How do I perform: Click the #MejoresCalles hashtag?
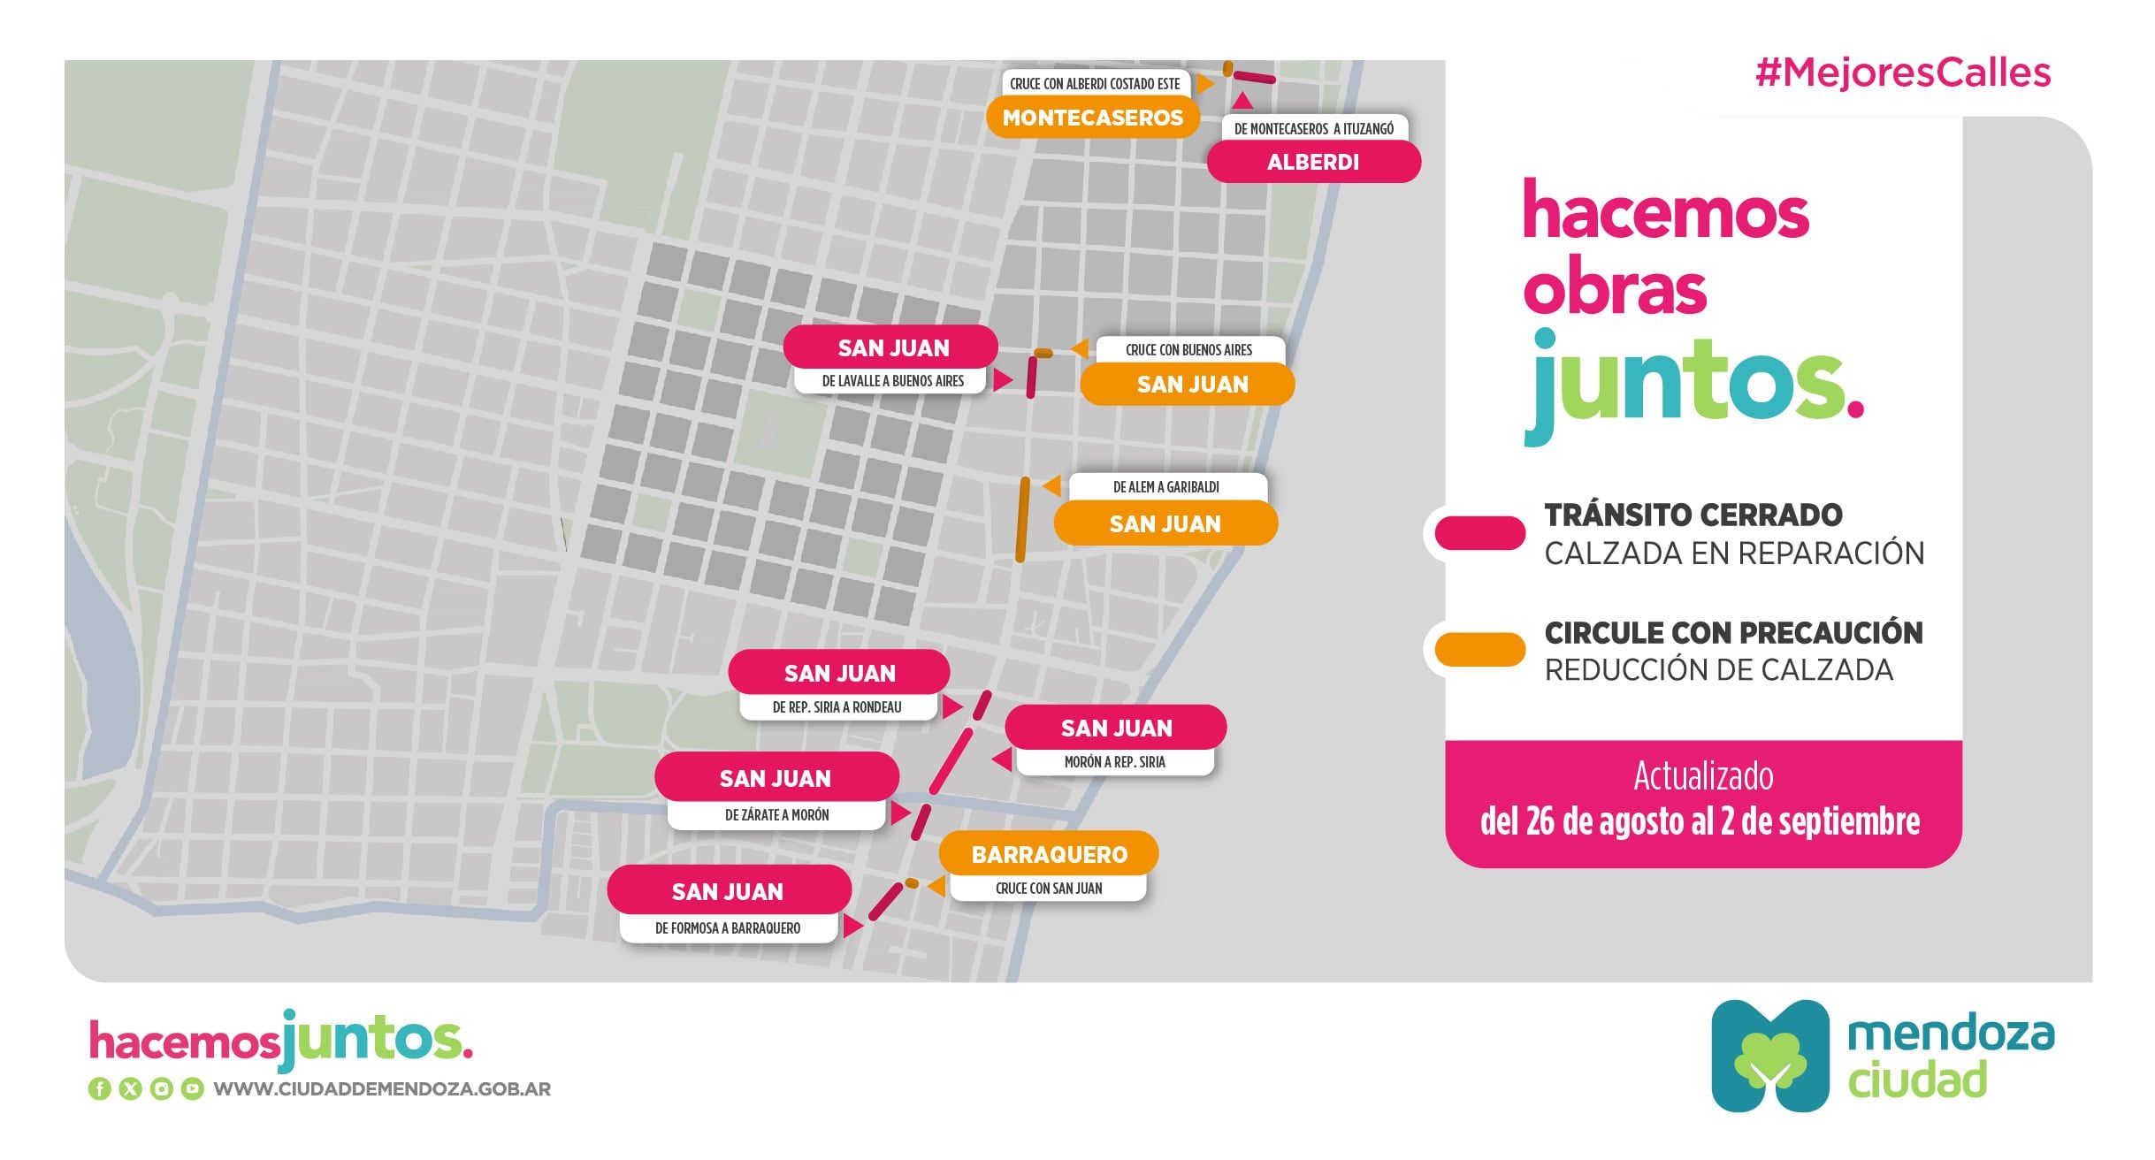click(1902, 72)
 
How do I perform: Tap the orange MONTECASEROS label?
click(1092, 118)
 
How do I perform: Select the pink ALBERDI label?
click(1313, 163)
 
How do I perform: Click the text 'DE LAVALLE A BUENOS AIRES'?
click(892, 381)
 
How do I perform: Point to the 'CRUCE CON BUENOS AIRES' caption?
click(1188, 350)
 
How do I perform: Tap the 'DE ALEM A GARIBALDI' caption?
click(1165, 487)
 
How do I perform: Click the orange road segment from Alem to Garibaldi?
click(1022, 520)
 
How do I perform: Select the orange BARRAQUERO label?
click(1049, 854)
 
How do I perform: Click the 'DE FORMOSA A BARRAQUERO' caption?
click(727, 928)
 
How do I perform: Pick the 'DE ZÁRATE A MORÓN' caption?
click(776, 815)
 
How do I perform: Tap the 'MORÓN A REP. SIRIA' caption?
click(1114, 762)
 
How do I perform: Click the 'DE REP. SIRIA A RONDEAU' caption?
click(837, 707)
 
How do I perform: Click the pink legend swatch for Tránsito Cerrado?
click(1479, 533)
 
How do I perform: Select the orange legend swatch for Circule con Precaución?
click(1479, 650)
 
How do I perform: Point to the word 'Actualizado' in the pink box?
click(1702, 776)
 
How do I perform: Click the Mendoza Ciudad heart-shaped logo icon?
click(1769, 1056)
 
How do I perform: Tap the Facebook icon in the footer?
click(99, 1089)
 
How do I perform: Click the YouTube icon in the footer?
click(192, 1089)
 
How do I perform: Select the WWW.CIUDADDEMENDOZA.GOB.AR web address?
click(382, 1089)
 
